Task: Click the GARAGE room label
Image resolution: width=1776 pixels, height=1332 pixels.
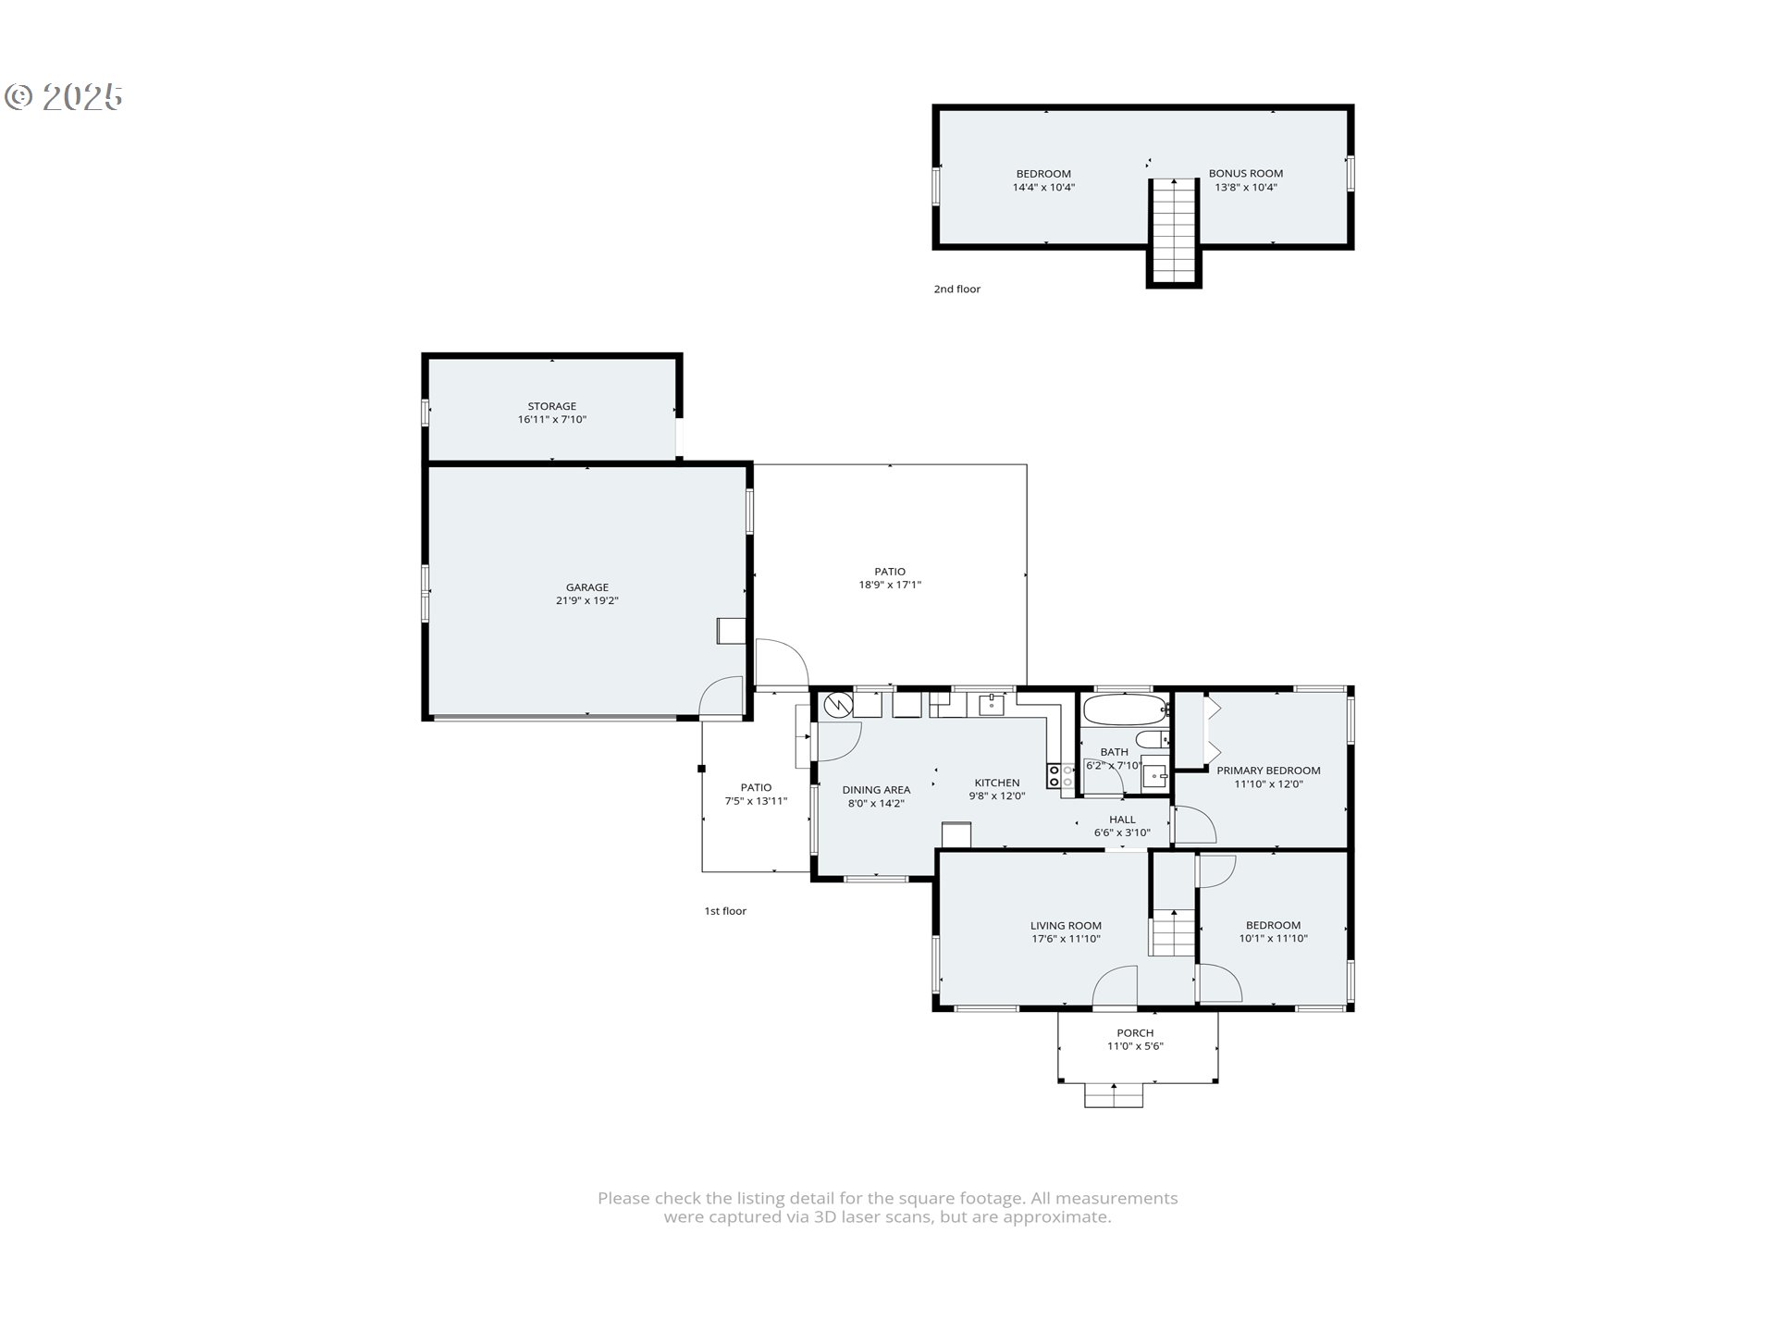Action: tap(586, 587)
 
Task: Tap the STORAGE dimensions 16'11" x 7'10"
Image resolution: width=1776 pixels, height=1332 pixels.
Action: tap(551, 420)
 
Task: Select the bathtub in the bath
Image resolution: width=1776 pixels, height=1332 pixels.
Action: tap(1123, 711)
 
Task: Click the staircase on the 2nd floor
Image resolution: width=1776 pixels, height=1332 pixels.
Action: tap(1174, 231)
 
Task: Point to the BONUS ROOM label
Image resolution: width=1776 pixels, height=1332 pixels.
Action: tap(1245, 174)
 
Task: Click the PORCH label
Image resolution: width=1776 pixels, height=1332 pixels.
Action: tap(1135, 1033)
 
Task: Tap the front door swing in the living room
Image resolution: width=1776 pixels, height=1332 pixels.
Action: tap(1116, 987)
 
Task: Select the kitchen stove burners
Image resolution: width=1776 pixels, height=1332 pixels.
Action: tap(1060, 776)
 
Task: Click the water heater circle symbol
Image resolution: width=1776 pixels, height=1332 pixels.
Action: tap(837, 706)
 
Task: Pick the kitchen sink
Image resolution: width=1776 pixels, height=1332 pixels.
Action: tap(992, 705)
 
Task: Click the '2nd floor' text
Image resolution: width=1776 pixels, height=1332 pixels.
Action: tap(956, 290)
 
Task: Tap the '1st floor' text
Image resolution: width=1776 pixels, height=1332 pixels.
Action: tap(725, 911)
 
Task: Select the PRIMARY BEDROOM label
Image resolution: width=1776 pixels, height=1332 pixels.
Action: tap(1268, 771)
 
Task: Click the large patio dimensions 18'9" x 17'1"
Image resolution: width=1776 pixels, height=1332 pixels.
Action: tap(890, 585)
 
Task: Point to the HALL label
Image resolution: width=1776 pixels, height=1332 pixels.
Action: tap(1122, 820)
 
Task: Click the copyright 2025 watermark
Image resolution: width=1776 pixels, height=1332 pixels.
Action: tap(65, 97)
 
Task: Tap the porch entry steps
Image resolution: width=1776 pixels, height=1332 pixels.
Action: tap(1114, 1096)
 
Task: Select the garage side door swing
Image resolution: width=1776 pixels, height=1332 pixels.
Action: tap(722, 697)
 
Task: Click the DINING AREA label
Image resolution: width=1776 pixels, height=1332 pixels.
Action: tap(876, 790)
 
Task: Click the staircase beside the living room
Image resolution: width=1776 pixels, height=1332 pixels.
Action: tap(1173, 932)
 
